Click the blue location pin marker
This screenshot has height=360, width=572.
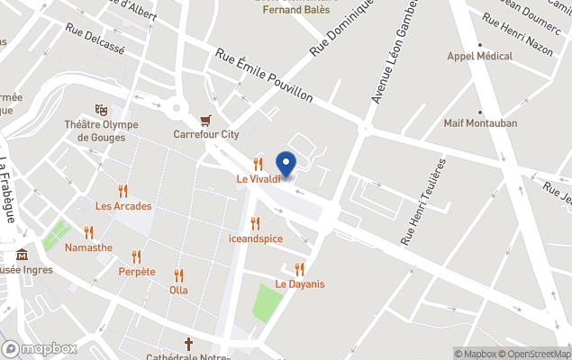tap(286, 165)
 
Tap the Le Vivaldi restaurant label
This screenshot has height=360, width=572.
tap(259, 178)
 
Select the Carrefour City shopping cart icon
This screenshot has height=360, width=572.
tap(206, 120)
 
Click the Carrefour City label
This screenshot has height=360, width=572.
tap(206, 135)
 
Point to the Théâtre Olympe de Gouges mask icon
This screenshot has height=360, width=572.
tap(101, 110)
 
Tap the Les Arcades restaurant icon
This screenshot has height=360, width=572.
tap(123, 191)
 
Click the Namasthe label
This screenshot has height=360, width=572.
tap(88, 247)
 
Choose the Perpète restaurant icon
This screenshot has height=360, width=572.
tap(137, 256)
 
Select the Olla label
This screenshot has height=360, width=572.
tap(178, 290)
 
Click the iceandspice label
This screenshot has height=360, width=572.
tap(256, 238)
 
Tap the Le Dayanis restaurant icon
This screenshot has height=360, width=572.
tap(299, 269)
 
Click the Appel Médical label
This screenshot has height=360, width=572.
tap(480, 56)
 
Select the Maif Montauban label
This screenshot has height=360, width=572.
tap(479, 123)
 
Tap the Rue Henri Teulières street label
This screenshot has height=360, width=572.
tap(423, 202)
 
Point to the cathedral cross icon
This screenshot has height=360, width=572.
tap(189, 343)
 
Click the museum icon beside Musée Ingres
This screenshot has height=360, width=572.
tap(23, 254)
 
